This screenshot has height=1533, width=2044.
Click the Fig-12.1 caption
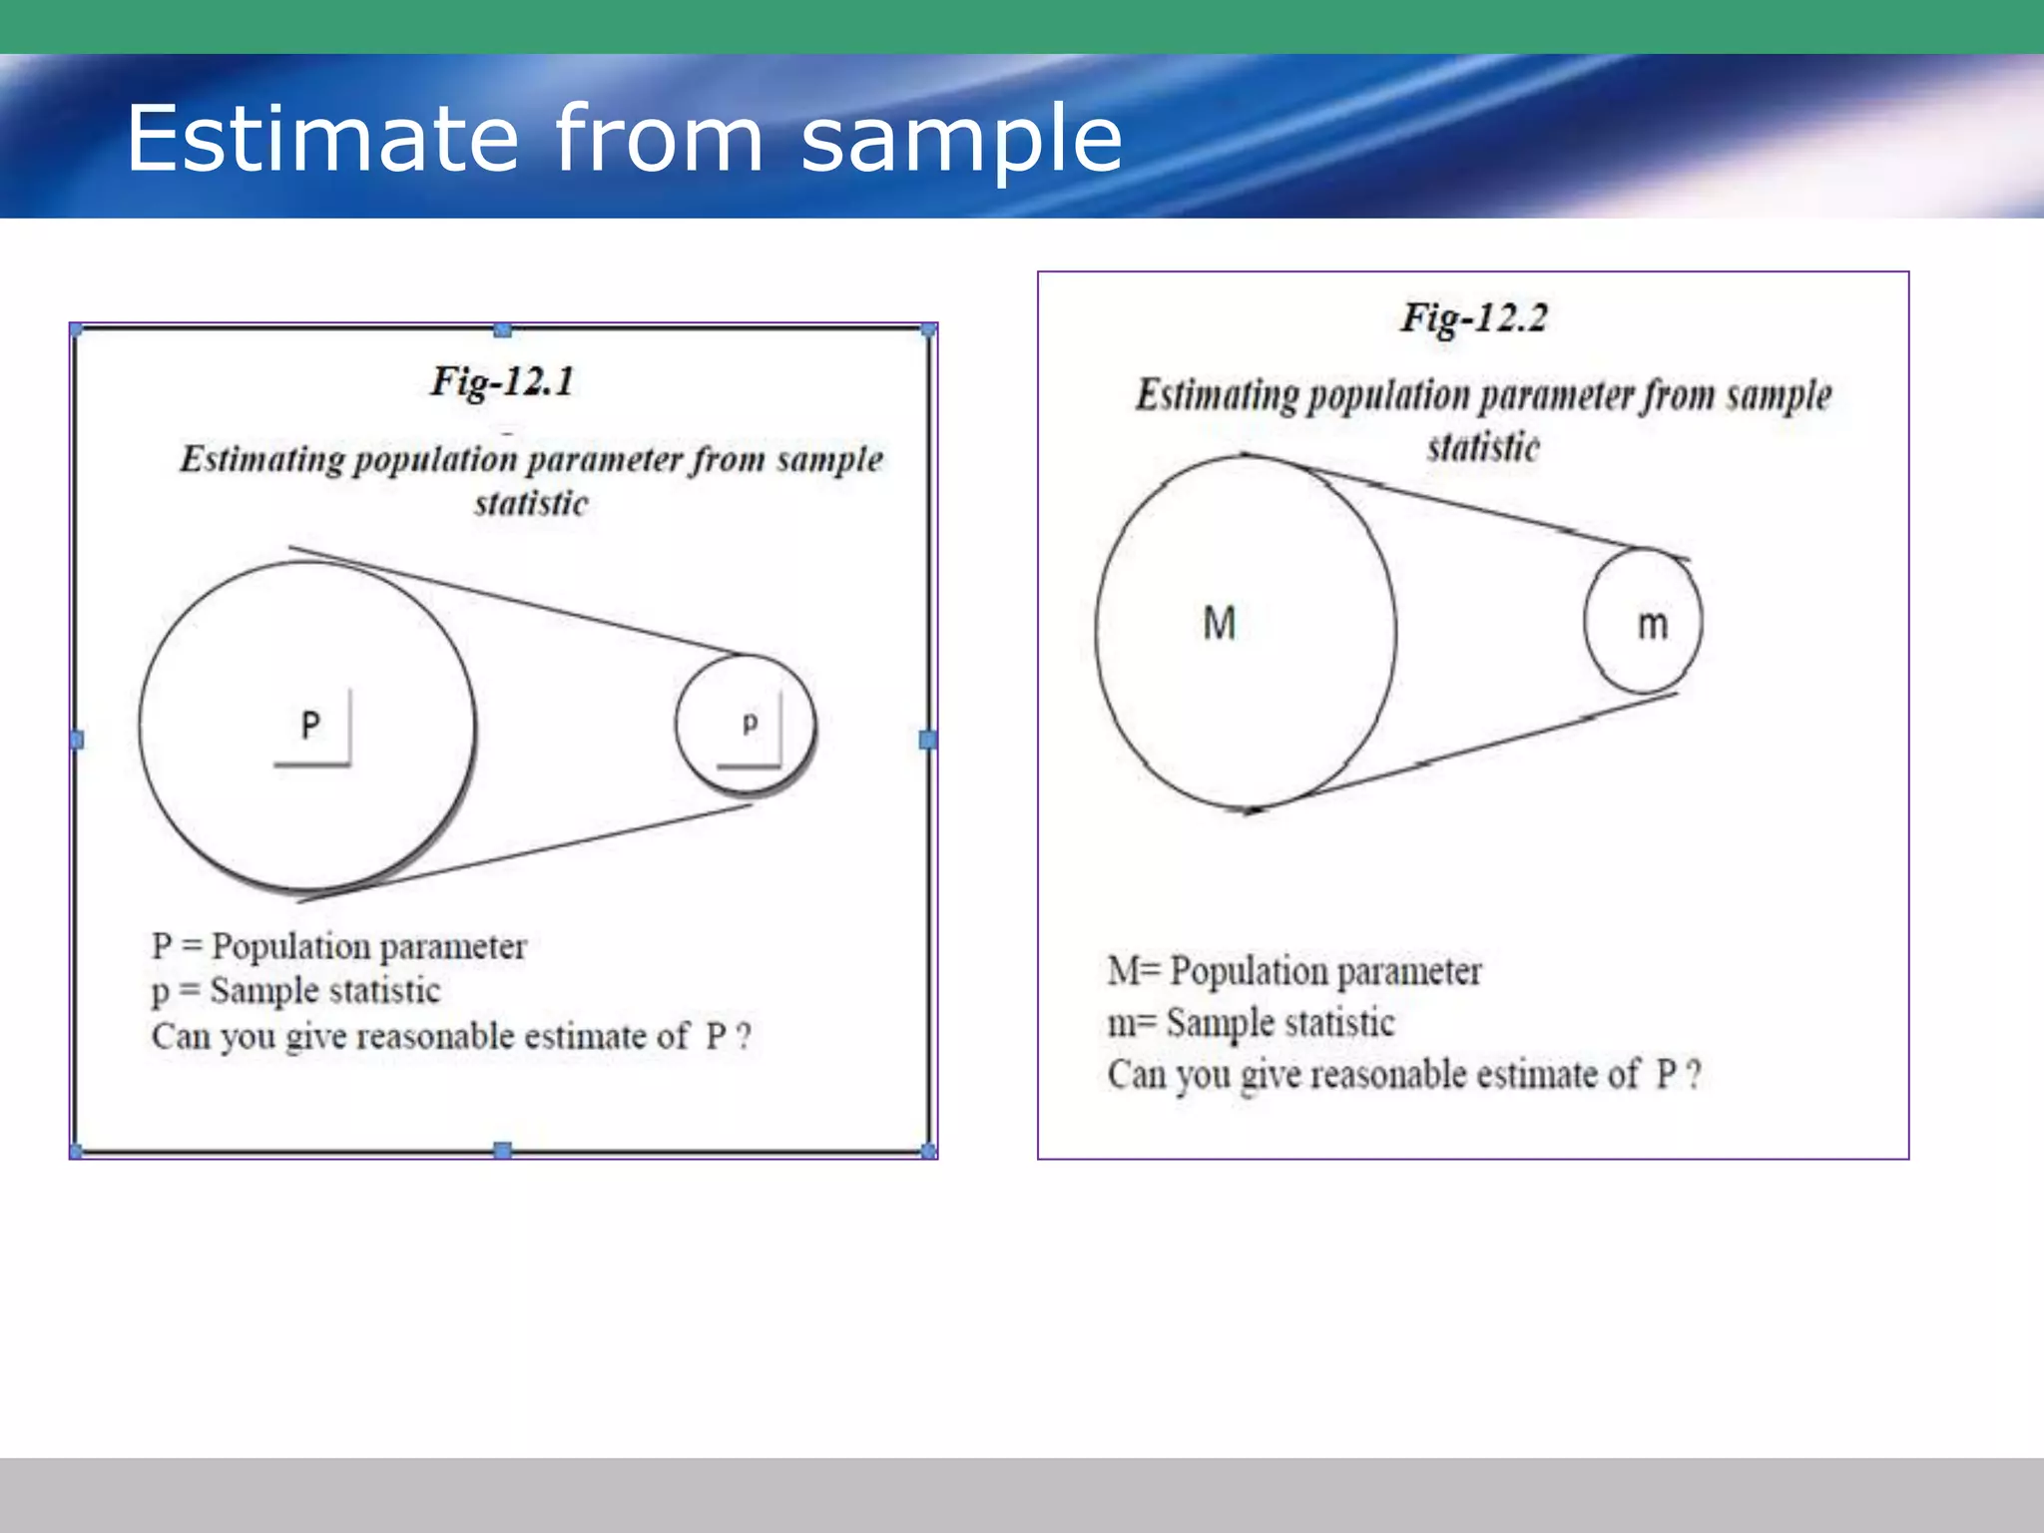502,381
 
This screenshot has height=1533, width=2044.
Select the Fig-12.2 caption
1473,318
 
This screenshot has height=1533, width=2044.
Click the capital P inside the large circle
310,725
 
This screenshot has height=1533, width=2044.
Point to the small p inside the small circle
750,723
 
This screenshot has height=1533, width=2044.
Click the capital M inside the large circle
1220,623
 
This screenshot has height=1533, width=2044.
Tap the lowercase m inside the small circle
1653,625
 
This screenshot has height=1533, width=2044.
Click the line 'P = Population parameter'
338,945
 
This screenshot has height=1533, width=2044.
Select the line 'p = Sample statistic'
295,990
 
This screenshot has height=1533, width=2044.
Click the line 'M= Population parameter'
1294,970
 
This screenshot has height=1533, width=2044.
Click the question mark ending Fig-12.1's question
744,1036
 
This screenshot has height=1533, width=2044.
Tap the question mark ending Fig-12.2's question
1694,1075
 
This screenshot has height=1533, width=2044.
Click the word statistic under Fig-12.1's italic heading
531,503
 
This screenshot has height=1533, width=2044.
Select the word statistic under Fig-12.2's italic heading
1483,446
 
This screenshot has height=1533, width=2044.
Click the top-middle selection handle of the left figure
503,330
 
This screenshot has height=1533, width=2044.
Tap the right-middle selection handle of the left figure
927,740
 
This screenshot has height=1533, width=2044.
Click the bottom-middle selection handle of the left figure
503,1150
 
